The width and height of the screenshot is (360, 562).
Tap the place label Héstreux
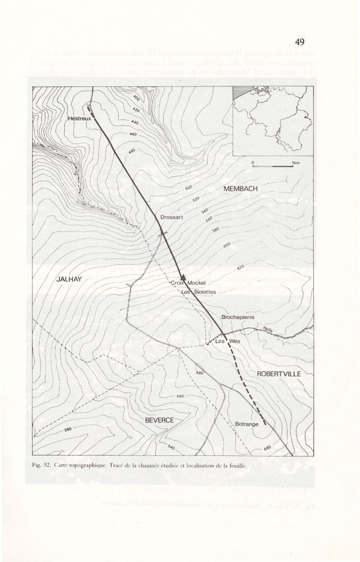(x=79, y=118)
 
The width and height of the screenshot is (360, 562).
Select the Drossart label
(x=171, y=218)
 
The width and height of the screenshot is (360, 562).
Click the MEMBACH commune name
(x=240, y=189)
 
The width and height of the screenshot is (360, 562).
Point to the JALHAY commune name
(x=69, y=279)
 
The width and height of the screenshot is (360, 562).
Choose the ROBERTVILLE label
(x=279, y=374)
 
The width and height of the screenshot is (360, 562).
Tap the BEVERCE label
(x=159, y=420)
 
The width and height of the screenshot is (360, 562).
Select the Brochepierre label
(x=238, y=317)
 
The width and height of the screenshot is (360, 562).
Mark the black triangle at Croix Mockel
(x=183, y=277)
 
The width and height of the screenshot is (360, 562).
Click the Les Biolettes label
(x=198, y=292)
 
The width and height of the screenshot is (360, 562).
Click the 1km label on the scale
(x=296, y=163)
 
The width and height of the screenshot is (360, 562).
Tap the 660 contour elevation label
(x=180, y=396)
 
